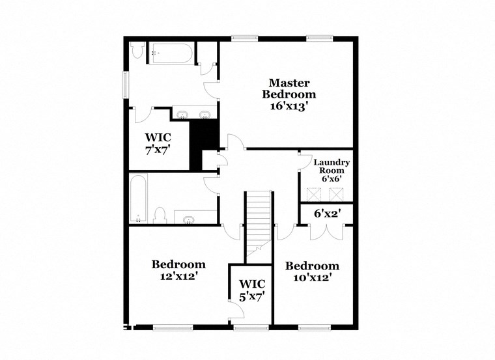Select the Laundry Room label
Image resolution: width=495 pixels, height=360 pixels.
tap(332, 166)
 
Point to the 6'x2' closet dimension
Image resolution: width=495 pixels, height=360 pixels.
tap(328, 214)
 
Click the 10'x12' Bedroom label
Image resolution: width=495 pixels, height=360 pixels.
tap(312, 266)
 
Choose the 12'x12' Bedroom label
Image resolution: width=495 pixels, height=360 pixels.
tap(178, 264)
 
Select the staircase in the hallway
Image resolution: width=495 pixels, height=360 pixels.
tap(258, 221)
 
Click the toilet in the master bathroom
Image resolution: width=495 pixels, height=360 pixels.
tap(137, 51)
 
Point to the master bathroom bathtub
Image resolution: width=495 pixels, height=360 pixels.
tap(170, 52)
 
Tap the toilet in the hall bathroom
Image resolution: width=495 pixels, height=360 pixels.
tap(160, 214)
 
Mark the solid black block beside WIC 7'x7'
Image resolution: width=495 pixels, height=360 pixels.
tap(203, 145)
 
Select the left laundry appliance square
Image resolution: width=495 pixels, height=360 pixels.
tap(314, 193)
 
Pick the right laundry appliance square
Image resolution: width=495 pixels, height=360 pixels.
tap(336, 193)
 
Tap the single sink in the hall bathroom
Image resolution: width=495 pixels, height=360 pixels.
tap(190, 219)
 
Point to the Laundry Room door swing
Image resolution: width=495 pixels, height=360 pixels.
tap(305, 161)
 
